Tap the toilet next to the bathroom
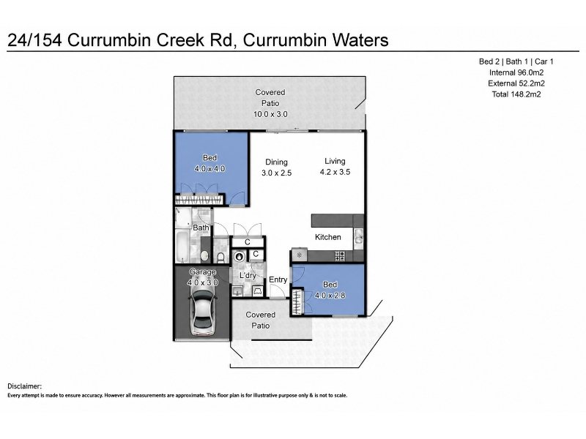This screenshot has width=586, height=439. pos(220,257)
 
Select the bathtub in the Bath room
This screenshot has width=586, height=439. pos(182,247)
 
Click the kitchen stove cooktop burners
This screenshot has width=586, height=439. pos(340,255)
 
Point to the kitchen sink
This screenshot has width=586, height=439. pos(358,236)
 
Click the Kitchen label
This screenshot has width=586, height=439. pos(327,237)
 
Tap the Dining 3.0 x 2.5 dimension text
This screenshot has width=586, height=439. pos(277,173)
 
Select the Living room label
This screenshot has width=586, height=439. pos(335,161)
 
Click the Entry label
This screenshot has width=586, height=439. pos(278,279)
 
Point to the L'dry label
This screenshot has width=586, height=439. pos(248,276)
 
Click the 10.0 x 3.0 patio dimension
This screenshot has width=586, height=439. pos(270,114)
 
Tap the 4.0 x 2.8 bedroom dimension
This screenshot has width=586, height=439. pos(330,296)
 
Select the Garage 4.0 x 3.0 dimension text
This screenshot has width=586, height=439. pos(203,282)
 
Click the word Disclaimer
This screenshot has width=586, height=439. pos(25,386)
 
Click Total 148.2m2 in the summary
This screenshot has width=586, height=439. pos(516,94)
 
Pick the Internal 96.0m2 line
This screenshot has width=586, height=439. pos(516,72)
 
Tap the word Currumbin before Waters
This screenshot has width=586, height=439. pos(284,40)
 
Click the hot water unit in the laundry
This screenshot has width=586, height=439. pos(239,257)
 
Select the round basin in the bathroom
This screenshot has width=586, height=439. pos(204,255)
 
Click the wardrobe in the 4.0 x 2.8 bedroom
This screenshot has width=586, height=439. pos(297,301)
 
